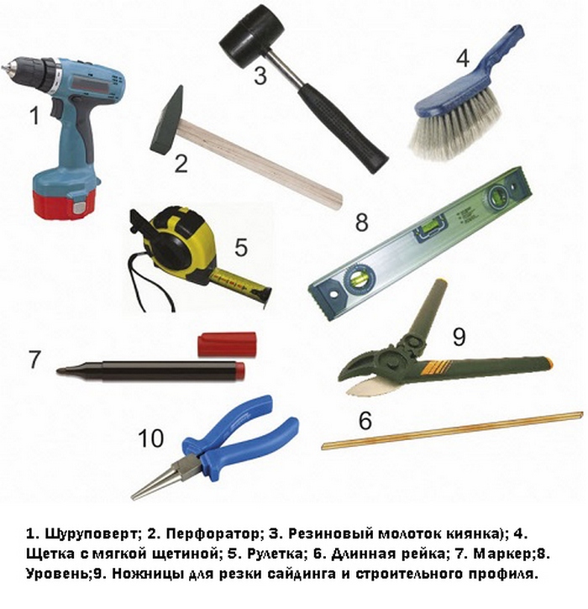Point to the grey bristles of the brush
455,124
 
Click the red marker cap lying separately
227,344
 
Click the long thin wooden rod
453,431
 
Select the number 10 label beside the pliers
150,438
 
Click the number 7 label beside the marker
34,360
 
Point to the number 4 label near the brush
462,59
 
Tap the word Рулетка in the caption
275,554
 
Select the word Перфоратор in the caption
213,534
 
